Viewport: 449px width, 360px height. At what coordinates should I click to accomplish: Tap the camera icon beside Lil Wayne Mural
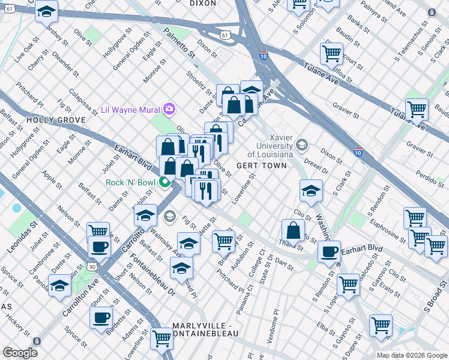(170, 109)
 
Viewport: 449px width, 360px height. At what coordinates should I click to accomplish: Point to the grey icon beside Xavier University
(301, 145)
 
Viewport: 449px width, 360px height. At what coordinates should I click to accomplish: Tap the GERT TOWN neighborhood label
(261, 166)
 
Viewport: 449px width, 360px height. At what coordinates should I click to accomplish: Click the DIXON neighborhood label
(202, 4)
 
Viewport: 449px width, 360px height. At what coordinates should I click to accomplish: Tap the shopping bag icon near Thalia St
(292, 230)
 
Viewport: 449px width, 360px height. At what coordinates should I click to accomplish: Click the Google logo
(20, 353)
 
